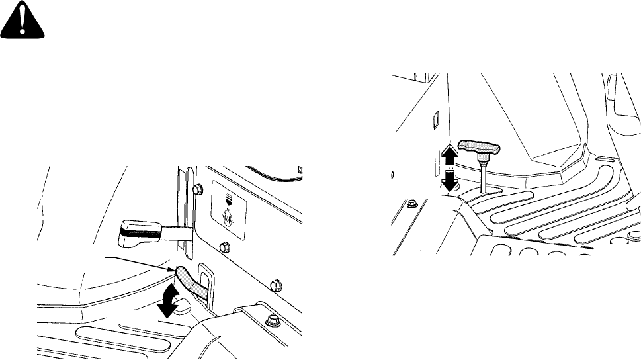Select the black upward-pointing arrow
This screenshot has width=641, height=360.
[449, 154]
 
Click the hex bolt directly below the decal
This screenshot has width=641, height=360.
[223, 247]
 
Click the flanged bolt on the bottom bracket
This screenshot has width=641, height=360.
[271, 323]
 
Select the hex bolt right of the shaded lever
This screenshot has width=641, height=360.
[273, 285]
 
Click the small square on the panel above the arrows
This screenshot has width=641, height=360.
[435, 120]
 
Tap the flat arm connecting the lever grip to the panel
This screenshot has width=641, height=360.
[177, 232]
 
